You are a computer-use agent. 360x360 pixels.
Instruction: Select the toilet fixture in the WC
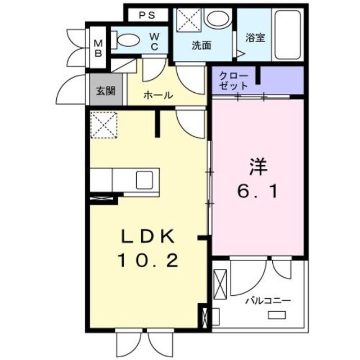[x=127, y=40]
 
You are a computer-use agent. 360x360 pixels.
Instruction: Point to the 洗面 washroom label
[x=201, y=46]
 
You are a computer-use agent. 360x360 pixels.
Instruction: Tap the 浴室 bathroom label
[x=255, y=38]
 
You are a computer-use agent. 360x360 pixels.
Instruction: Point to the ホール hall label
[x=158, y=96]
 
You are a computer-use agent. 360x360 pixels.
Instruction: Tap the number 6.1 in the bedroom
[x=256, y=192]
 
